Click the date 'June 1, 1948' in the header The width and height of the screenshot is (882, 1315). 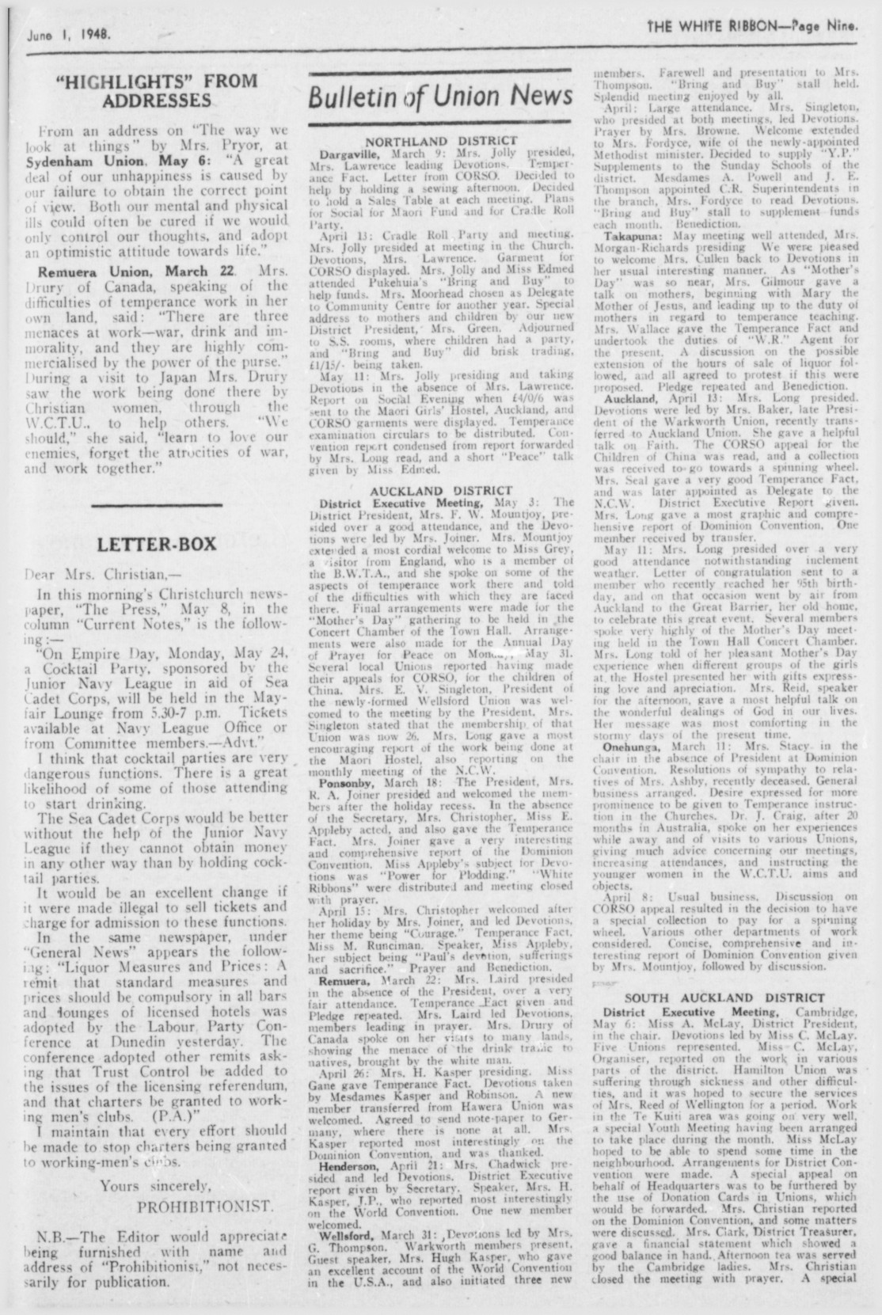pyautogui.click(x=68, y=35)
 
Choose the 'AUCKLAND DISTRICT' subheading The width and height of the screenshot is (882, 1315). pyautogui.click(x=442, y=490)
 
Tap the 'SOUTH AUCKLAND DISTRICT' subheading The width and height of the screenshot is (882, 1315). pyautogui.click(x=724, y=997)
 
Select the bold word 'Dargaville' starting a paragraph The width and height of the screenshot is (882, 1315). pyautogui.click(x=348, y=150)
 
